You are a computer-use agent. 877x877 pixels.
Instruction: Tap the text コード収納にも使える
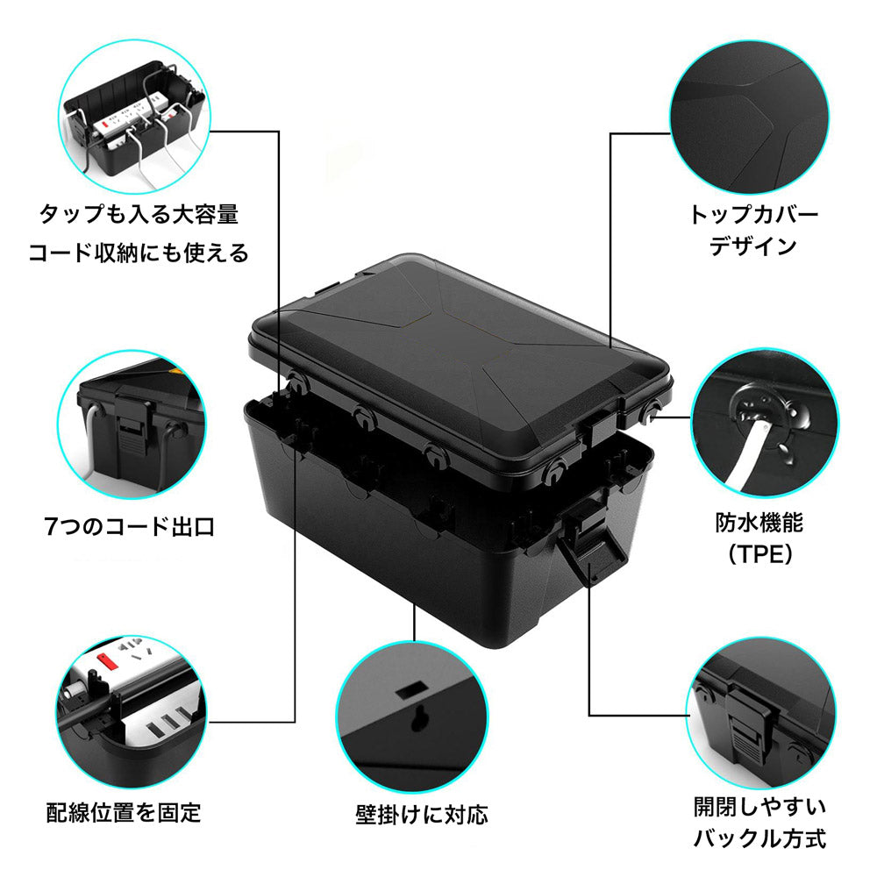point(139,253)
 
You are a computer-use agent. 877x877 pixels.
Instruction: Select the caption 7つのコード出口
point(129,527)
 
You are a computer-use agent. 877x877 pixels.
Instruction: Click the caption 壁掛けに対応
point(421,815)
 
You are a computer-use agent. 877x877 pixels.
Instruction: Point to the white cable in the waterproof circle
point(741,465)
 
